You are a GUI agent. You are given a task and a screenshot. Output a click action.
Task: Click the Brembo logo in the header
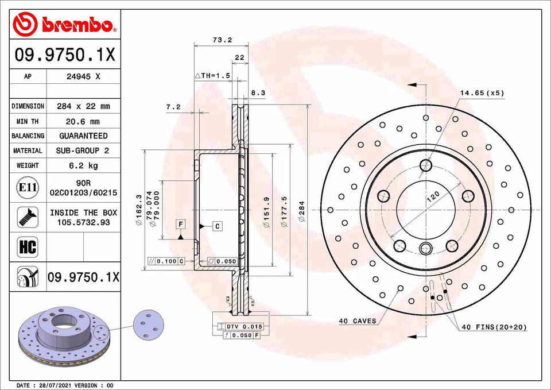[x=64, y=25]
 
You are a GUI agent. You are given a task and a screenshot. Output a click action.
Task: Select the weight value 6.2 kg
[x=83, y=165]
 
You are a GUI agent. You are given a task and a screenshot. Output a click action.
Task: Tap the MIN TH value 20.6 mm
[x=83, y=121]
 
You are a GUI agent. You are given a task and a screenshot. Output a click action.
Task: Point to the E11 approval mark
[x=28, y=187]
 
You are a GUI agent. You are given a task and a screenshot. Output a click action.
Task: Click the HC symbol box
[x=28, y=248]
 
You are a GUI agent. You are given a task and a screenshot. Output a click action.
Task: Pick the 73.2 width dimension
[x=222, y=40]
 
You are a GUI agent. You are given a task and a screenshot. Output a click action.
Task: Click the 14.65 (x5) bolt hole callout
[x=482, y=92]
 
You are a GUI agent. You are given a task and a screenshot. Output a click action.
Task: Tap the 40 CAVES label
[x=358, y=321]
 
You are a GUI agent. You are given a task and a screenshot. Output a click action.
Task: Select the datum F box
[x=180, y=223]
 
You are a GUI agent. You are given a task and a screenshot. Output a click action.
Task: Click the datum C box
[x=218, y=226]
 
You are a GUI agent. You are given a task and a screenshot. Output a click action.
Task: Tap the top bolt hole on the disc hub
[x=425, y=167]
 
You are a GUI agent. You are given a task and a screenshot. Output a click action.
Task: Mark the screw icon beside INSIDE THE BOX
[x=28, y=217]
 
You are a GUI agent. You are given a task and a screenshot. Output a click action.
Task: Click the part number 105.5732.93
[x=83, y=222]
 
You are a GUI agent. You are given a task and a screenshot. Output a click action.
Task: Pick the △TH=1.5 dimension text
[x=212, y=76]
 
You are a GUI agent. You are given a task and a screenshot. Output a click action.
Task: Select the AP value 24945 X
[x=83, y=76]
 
